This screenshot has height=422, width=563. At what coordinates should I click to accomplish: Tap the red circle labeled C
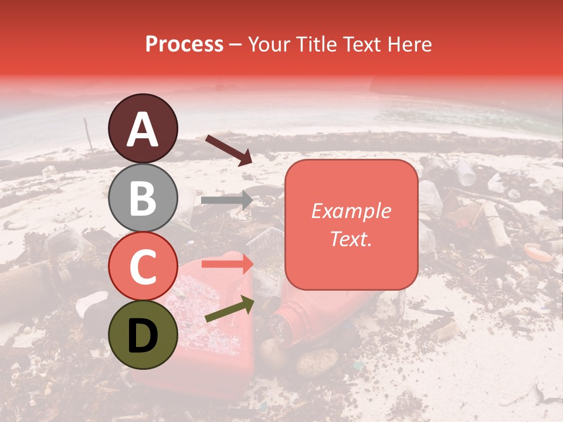[143, 266]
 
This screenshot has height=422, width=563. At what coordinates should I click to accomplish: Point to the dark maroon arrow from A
[228, 150]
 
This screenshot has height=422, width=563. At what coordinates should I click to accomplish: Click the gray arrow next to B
[226, 200]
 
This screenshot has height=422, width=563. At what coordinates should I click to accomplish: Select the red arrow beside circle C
[227, 264]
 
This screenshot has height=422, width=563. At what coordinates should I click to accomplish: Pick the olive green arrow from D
[229, 309]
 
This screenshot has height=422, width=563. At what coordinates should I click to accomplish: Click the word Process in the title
[184, 44]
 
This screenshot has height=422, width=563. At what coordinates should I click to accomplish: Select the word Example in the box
[351, 211]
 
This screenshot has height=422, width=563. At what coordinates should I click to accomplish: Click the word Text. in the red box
[351, 239]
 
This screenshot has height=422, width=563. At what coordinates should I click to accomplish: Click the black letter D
[143, 335]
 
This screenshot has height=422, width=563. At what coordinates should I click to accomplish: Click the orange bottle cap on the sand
[538, 252]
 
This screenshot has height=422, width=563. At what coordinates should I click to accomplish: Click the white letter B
[143, 198]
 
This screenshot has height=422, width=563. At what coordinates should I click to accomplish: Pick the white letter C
[143, 266]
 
